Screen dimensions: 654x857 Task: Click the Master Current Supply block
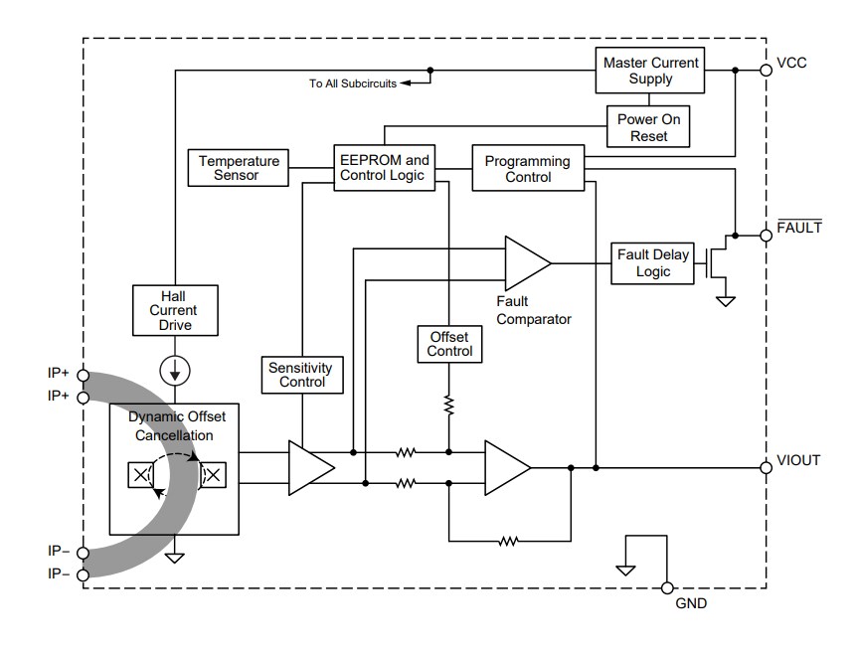651,71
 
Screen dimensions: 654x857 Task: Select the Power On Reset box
648,127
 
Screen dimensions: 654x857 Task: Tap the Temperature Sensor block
239,168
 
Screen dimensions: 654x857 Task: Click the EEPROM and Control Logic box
384,168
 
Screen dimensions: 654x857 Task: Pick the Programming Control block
527,169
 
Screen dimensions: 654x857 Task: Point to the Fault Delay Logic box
652,263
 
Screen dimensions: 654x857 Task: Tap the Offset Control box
449,344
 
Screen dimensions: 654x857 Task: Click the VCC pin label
791,63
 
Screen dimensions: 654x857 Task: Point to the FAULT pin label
798,228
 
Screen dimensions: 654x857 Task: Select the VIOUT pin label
798,461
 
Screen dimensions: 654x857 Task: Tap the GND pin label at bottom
691,603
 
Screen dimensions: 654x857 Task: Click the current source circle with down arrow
174,371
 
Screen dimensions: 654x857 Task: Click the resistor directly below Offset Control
449,405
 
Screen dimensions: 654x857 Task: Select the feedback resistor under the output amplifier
508,542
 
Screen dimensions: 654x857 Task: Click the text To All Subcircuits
352,83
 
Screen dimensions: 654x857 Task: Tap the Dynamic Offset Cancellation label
171,426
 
